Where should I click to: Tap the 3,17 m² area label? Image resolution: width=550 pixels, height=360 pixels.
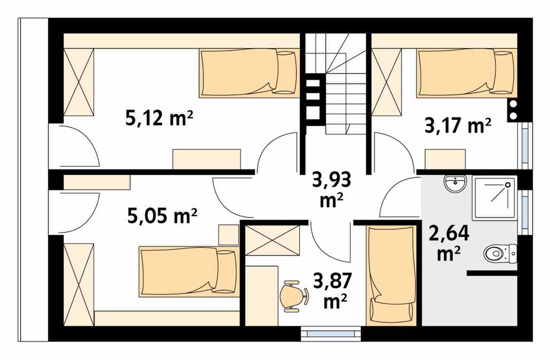[x=458, y=125]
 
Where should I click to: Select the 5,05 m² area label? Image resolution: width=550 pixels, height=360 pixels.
[x=162, y=216]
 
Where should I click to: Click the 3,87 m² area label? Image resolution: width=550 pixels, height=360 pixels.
[x=332, y=292]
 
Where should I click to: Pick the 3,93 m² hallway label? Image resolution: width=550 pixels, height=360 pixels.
[x=331, y=190]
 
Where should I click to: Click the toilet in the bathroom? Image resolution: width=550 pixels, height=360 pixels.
[x=500, y=252]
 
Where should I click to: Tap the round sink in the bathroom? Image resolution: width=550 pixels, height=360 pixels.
[x=455, y=183]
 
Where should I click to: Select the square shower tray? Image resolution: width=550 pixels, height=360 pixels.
[x=494, y=198]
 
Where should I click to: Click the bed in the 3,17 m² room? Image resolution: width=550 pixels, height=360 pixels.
[x=467, y=73]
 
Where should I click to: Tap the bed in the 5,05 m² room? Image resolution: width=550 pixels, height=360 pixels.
[x=189, y=271]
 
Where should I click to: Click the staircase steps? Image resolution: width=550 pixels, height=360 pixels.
[x=337, y=84]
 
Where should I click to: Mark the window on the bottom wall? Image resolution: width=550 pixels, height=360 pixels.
[x=331, y=334]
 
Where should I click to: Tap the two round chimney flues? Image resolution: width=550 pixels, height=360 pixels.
[x=513, y=110]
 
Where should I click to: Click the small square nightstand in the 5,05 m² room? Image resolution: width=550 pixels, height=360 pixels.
[x=228, y=235]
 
